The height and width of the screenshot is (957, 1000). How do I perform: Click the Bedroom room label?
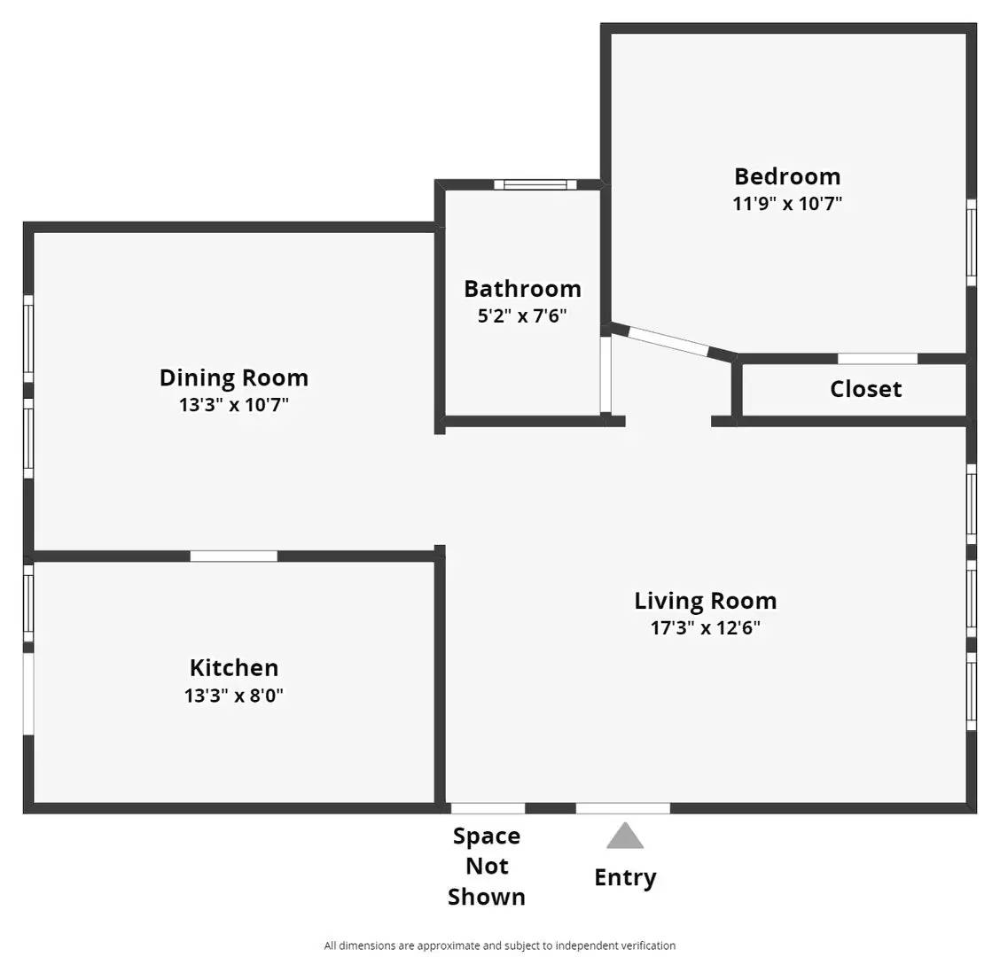coord(787,176)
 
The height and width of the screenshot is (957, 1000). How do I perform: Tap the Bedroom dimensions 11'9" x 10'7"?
coord(787,203)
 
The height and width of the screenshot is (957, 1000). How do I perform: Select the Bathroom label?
coord(522,289)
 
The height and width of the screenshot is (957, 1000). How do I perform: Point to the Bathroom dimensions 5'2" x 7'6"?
coord(522,315)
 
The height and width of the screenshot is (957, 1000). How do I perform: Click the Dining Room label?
coord(234,377)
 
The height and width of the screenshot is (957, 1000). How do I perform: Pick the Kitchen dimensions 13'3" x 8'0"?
coord(234,696)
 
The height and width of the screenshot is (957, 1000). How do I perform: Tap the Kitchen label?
coord(234,668)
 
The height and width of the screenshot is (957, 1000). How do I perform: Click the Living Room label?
coord(706,601)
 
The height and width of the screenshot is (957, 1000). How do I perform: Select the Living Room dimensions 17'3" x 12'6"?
coord(706,628)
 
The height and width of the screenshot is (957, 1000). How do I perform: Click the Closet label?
coord(865,389)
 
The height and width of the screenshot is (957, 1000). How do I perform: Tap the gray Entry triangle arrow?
coord(625,836)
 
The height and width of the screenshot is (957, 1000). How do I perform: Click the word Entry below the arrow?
coord(625,878)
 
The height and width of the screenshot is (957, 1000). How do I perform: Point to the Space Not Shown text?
coord(487,867)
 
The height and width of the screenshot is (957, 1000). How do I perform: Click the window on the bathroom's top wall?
coord(535,184)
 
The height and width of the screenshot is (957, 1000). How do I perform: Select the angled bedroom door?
coord(668,342)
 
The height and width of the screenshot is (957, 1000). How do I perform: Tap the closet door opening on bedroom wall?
coord(878,359)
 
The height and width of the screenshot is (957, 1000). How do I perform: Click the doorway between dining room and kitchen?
coord(234,556)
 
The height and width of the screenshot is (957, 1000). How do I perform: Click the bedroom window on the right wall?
coord(972,242)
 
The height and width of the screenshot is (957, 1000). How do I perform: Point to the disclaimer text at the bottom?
coord(500,945)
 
